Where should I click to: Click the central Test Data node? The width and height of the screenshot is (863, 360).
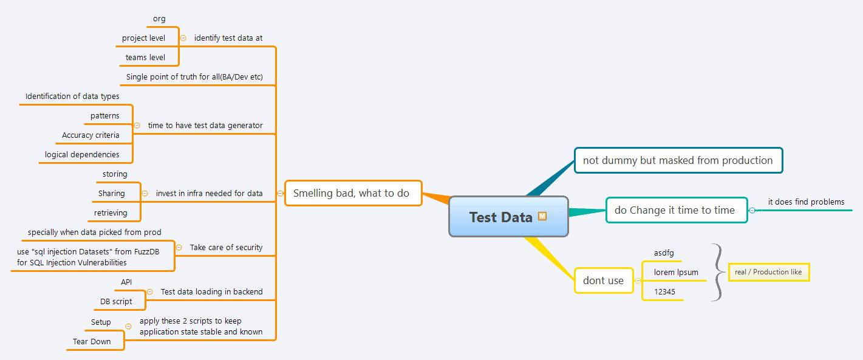(x=501, y=217)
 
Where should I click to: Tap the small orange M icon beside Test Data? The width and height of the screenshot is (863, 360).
(x=542, y=216)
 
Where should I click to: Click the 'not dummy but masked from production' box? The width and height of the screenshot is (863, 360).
(x=678, y=160)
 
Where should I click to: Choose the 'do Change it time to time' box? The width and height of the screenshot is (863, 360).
(x=675, y=210)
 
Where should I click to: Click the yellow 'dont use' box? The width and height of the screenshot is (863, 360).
(x=603, y=280)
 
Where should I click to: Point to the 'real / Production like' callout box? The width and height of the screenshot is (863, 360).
(x=768, y=272)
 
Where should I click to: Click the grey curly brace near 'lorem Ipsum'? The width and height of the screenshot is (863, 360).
(x=718, y=272)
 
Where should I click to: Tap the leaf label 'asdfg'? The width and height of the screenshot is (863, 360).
(x=664, y=253)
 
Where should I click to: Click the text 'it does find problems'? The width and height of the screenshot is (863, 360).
(x=806, y=202)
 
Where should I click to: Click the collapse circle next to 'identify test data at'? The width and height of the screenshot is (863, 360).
(x=183, y=38)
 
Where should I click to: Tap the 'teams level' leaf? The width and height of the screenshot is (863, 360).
(x=145, y=57)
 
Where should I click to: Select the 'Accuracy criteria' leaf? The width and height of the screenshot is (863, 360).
(x=90, y=135)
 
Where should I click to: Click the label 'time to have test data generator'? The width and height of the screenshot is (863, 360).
(x=205, y=125)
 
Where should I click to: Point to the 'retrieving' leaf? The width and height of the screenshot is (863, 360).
(x=111, y=212)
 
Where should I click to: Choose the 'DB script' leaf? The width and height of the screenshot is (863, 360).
(x=116, y=301)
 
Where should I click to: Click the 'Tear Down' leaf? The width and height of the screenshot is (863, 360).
(x=92, y=341)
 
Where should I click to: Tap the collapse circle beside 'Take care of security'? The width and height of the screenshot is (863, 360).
(x=179, y=247)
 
